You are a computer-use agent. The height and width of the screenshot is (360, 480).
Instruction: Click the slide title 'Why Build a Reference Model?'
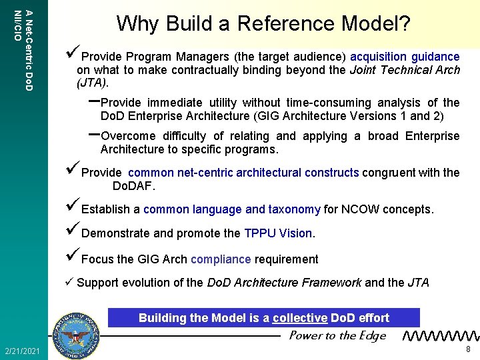(263, 24)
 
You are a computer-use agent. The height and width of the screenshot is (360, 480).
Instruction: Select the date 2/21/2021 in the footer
(22, 351)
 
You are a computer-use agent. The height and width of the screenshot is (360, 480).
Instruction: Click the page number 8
(469, 349)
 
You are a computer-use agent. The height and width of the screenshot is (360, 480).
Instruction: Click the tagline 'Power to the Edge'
(337, 335)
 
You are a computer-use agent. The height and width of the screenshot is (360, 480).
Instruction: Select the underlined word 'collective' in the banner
(300, 318)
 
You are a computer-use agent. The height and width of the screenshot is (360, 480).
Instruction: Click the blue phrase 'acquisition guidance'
(405, 57)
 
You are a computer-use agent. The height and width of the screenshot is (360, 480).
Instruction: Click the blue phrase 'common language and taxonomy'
(232, 209)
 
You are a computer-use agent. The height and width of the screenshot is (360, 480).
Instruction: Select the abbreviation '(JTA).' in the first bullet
(93, 83)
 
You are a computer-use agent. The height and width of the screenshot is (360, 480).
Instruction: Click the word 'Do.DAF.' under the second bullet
(133, 185)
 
